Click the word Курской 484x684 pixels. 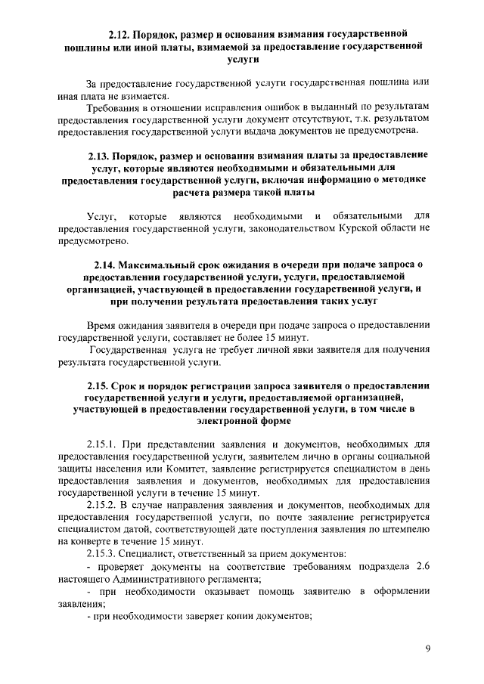360,227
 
